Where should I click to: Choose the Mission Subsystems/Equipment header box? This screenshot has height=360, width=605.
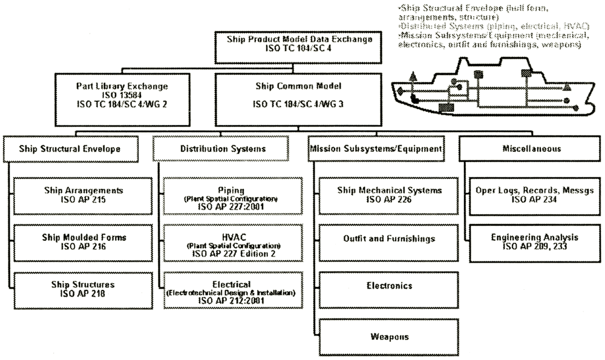point(376,148)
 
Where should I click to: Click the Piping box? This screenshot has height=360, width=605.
point(230,195)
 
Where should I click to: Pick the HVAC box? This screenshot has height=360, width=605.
point(230,242)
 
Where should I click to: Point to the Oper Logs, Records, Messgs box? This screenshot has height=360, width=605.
point(535,195)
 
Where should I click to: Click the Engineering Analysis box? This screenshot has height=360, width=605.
point(535,242)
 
